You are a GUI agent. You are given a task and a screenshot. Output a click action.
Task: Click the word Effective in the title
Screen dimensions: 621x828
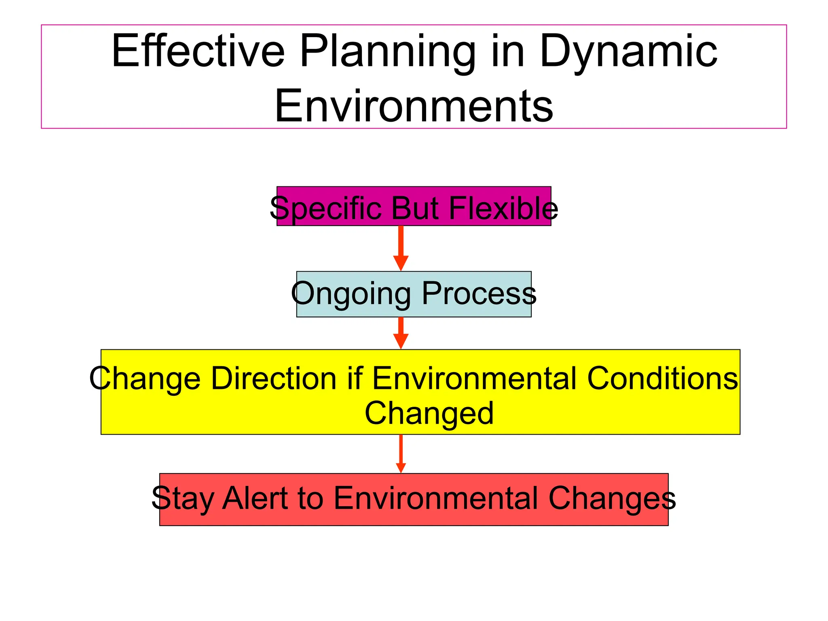[198, 51]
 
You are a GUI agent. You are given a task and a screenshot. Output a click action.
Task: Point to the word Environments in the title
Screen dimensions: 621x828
[413, 106]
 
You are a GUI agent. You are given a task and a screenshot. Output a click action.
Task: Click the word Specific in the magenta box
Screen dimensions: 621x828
[326, 208]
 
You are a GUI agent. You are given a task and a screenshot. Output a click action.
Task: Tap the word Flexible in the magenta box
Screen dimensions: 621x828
[503, 208]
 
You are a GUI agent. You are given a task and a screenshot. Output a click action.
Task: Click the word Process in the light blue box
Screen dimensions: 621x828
[479, 293]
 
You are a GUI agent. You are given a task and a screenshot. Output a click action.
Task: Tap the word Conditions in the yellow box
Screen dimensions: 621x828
[662, 378]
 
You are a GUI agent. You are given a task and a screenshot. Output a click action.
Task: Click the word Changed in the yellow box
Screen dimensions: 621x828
[429, 413]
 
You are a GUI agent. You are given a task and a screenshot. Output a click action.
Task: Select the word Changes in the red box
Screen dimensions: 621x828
[612, 498]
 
